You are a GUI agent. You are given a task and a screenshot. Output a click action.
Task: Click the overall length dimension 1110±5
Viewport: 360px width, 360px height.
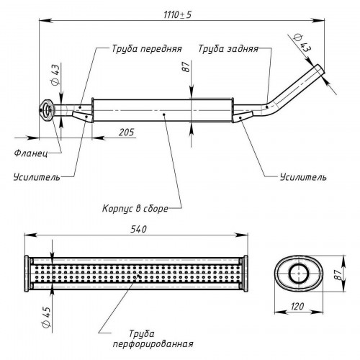178,15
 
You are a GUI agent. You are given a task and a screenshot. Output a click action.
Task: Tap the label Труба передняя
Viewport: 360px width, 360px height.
147,49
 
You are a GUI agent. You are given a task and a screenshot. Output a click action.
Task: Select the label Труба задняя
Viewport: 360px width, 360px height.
228,49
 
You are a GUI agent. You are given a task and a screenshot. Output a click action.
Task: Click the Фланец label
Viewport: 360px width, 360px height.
31,153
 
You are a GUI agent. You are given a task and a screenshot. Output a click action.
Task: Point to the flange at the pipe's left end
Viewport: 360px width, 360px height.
48,110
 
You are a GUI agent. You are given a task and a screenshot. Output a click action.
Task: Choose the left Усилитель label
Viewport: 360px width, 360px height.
37,177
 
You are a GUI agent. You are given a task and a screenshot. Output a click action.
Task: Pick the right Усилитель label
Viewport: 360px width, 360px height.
303,177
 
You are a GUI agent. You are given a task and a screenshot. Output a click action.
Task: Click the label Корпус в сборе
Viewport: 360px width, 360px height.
135,208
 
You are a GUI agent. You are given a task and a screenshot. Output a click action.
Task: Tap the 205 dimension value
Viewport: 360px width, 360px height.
127,132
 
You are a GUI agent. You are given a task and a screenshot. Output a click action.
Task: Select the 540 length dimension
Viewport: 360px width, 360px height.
138,229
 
